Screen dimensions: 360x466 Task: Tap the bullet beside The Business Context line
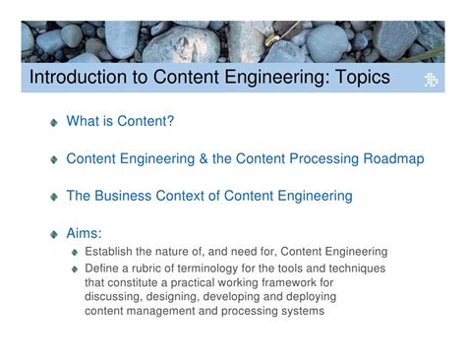pyautogui.click(x=54, y=197)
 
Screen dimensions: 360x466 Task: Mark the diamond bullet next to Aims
pyautogui.click(x=54, y=234)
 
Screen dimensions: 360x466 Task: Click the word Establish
pyautogui.click(x=113, y=252)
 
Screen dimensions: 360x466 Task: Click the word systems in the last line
pyautogui.click(x=300, y=312)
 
